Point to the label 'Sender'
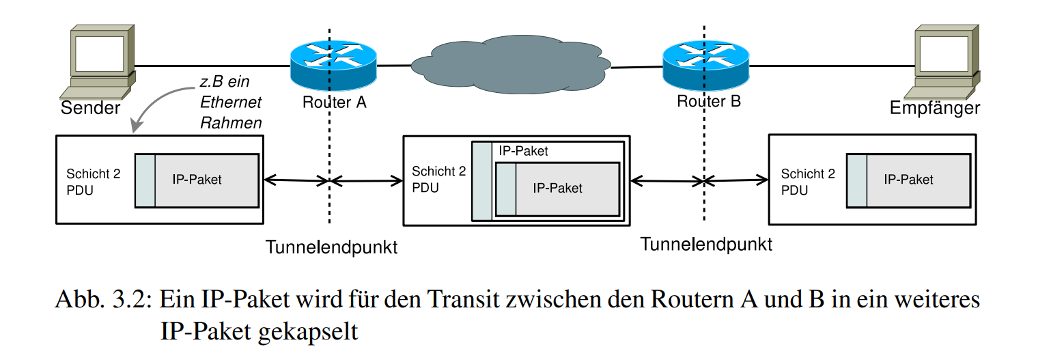tap(91, 108)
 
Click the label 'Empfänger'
tap(934, 108)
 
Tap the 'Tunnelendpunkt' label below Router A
tap(331, 247)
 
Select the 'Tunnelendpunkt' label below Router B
tap(706, 244)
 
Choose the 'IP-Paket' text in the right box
tap(908, 180)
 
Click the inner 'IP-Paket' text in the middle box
tap(557, 188)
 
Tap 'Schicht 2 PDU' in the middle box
tap(438, 180)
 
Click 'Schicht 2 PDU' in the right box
tap(808, 182)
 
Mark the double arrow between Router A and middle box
tap(367, 181)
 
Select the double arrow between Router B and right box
tap(736, 180)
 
